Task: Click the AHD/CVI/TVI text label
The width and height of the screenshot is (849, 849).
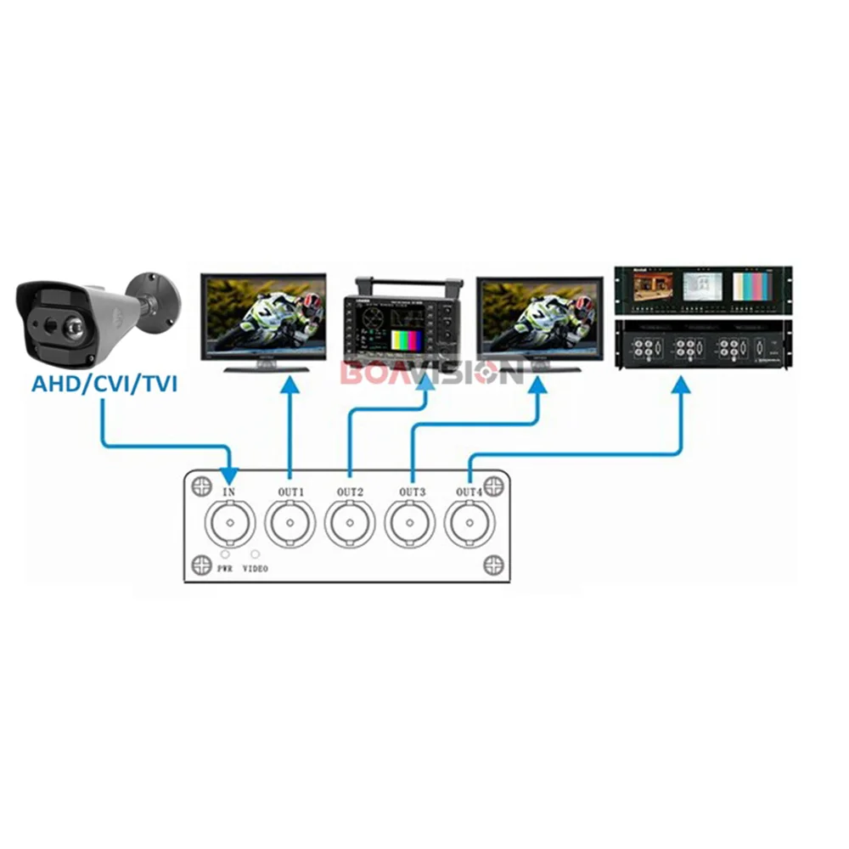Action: [104, 383]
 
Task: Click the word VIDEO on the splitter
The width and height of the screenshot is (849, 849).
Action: [255, 569]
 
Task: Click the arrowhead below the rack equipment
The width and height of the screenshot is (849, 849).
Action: [680, 386]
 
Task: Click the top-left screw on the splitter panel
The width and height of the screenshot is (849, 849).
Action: [201, 487]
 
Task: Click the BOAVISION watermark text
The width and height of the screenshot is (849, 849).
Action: [431, 372]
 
